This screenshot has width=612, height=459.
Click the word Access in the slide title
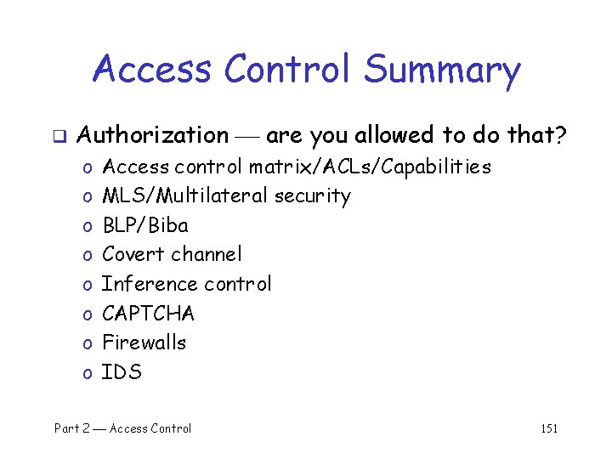(x=152, y=69)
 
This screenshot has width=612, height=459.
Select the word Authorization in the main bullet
(x=153, y=135)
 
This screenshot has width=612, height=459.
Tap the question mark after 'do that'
(x=562, y=134)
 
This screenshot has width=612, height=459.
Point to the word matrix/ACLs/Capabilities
(x=370, y=167)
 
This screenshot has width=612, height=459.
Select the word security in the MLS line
(x=312, y=196)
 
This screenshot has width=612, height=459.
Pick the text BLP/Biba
(x=145, y=225)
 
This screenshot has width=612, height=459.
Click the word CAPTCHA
(x=148, y=314)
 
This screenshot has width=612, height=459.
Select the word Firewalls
(x=144, y=343)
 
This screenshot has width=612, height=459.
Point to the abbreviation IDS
(x=122, y=372)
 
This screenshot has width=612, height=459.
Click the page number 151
(x=549, y=428)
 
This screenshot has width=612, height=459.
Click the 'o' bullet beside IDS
(x=88, y=373)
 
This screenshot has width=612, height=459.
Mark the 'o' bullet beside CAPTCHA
(x=88, y=314)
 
